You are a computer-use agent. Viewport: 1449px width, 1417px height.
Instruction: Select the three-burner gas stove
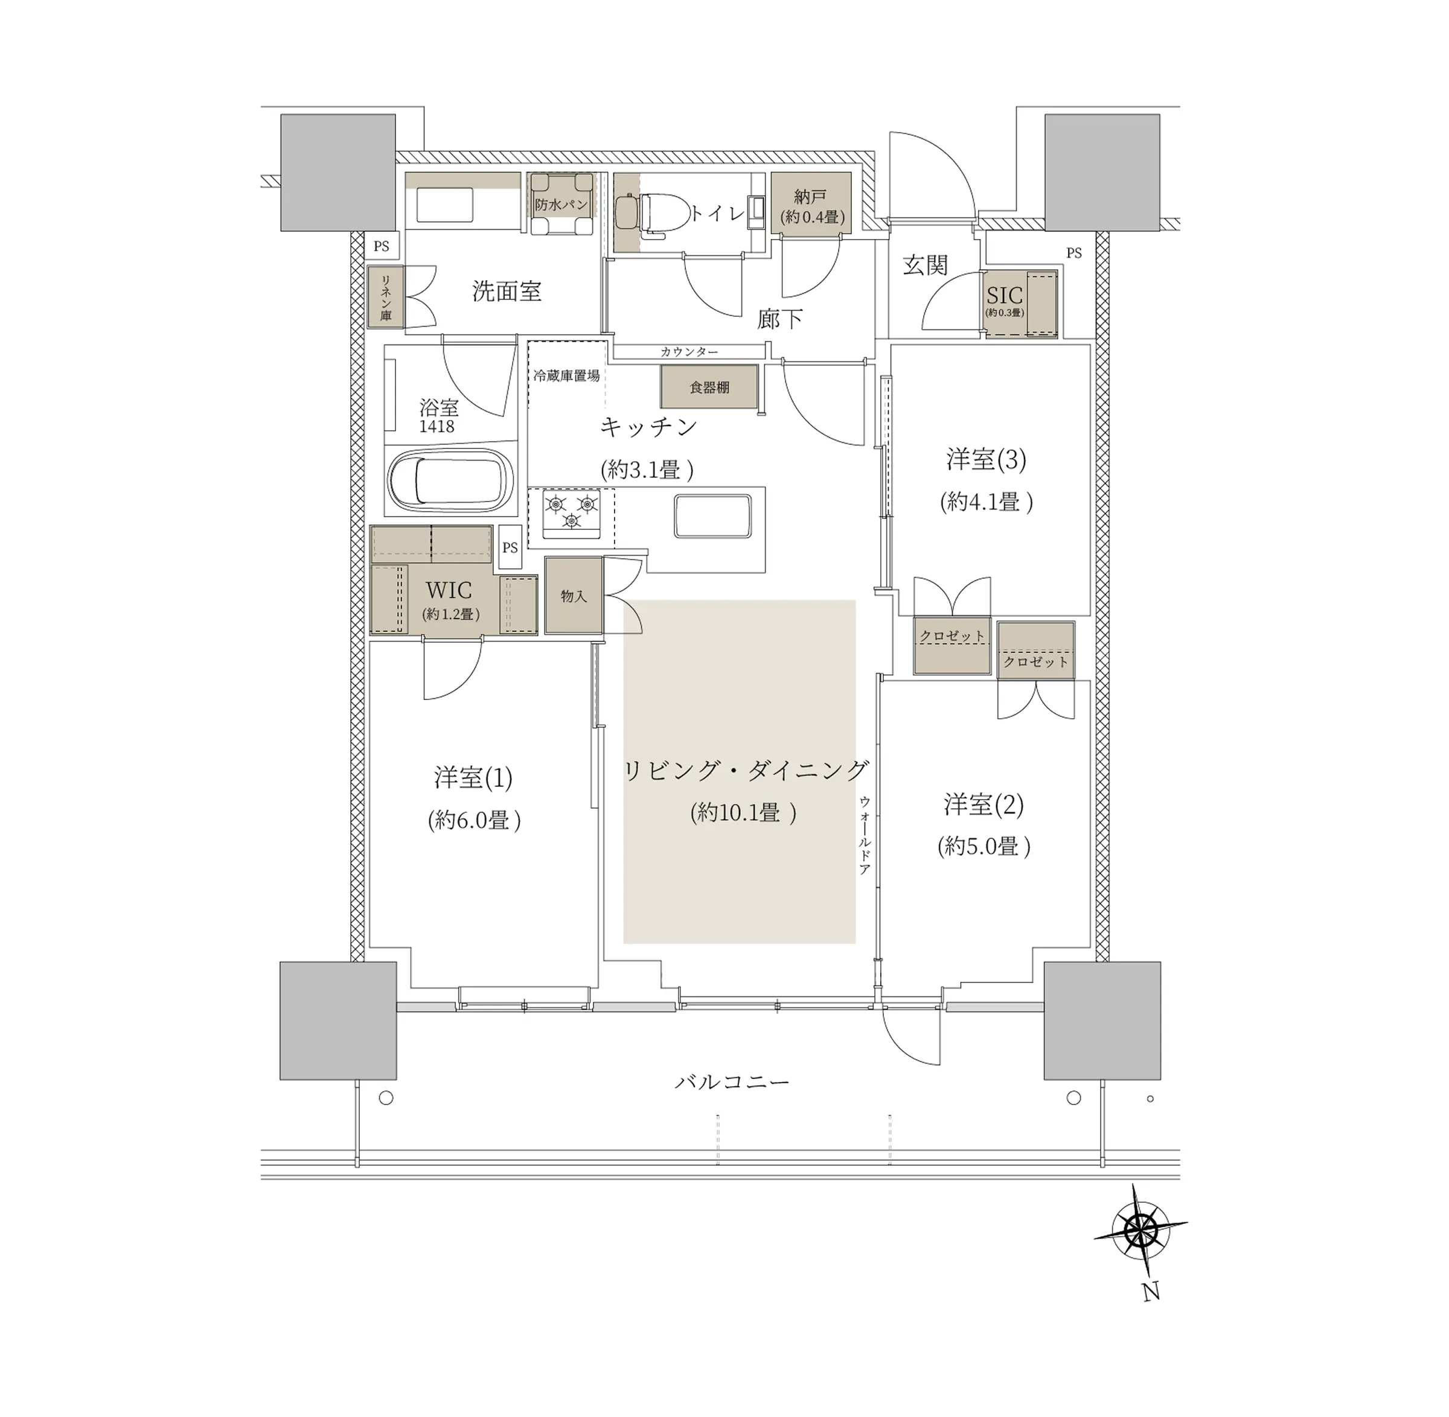point(572,512)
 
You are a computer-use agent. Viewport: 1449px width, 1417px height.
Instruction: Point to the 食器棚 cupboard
point(709,386)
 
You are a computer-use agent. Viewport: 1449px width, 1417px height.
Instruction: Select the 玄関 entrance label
point(925,265)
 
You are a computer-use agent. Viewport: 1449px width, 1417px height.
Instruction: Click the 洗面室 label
point(507,291)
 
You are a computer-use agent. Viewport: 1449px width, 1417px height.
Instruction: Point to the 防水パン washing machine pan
point(561,204)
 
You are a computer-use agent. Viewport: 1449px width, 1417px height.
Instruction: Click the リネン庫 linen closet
point(386,297)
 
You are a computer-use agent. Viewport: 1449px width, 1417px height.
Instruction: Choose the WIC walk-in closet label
point(449,590)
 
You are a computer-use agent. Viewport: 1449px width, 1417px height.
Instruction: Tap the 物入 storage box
point(574,596)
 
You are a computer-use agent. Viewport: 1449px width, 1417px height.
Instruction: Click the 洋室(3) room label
point(987,459)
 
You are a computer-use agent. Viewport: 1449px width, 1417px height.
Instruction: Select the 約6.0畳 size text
point(475,820)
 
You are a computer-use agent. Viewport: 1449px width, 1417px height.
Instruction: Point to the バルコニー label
point(732,1081)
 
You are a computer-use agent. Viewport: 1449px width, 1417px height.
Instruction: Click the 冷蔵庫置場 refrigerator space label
point(567,376)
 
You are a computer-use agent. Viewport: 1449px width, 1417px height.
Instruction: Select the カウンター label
point(689,351)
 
